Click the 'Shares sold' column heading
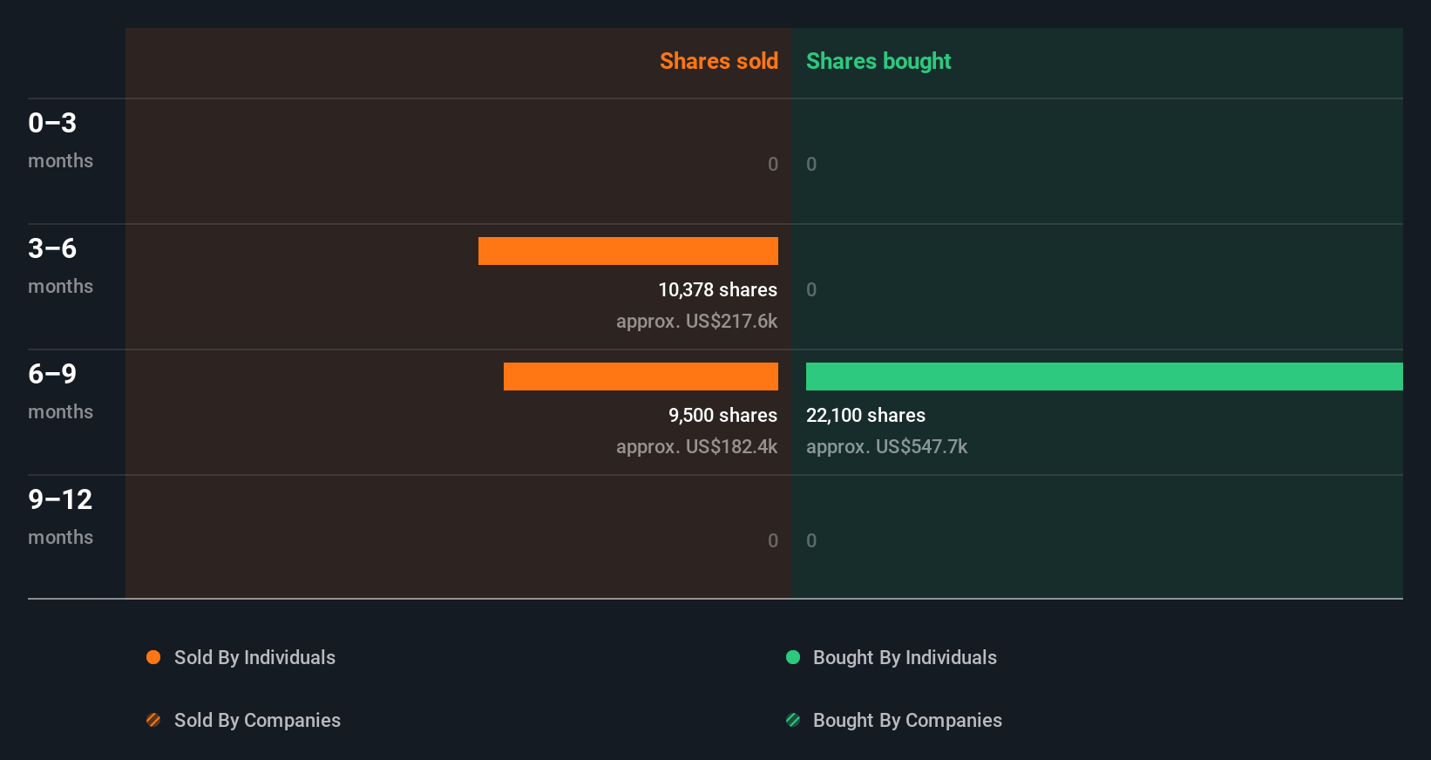point(718,61)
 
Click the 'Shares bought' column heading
point(878,61)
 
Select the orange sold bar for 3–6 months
point(627,251)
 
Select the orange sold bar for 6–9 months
point(641,377)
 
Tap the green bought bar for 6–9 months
point(1103,377)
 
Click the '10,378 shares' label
point(717,290)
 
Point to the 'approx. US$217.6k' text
point(696,322)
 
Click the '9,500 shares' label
point(722,416)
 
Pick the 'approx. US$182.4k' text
point(696,447)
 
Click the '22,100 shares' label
point(865,416)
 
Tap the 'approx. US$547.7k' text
point(886,447)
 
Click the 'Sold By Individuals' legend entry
point(254,658)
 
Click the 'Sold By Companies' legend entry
point(256,721)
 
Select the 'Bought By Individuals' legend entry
point(904,658)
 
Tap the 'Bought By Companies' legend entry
point(906,721)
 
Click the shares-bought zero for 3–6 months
point(811,290)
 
